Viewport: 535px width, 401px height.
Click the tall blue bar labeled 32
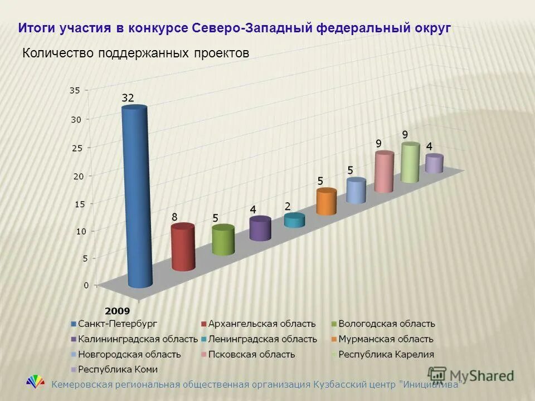[137, 198]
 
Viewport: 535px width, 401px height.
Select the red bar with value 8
[183, 247]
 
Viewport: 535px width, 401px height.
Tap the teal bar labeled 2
[295, 221]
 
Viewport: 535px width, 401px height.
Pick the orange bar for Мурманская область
[327, 202]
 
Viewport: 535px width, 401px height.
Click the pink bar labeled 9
[384, 172]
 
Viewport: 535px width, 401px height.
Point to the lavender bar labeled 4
[434, 164]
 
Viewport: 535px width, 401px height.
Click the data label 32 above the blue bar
[128, 97]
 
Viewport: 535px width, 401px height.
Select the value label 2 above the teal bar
[288, 206]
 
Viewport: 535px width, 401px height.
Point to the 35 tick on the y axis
[75, 90]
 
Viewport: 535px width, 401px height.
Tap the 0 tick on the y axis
[86, 285]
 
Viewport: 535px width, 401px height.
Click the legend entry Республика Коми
[117, 369]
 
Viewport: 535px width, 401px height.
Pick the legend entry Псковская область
[251, 354]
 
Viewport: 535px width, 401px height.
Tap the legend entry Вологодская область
[386, 324]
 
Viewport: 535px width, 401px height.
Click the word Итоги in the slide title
[36, 28]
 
